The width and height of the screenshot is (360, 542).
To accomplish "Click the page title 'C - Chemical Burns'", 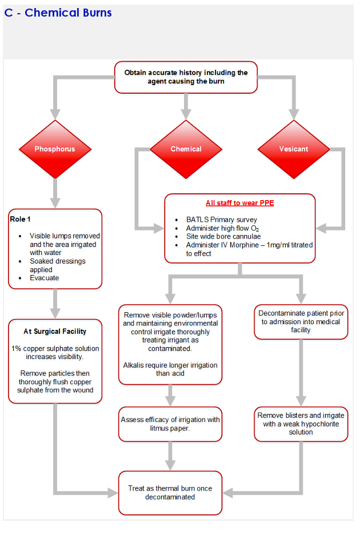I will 58,13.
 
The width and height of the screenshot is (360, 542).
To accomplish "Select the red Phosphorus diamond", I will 55,149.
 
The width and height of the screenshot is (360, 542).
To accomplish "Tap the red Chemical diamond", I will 186,149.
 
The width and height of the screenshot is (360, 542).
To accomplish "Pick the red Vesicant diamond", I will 294,149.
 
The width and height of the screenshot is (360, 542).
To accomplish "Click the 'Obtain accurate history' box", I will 186,77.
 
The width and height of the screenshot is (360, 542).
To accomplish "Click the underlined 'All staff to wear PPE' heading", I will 240,203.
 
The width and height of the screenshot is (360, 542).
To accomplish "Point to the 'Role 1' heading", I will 21,219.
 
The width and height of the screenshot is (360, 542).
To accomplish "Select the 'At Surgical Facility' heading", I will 55,331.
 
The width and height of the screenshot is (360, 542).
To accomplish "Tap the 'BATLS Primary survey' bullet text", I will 222,220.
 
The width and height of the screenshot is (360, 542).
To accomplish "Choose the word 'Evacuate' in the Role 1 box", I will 45,278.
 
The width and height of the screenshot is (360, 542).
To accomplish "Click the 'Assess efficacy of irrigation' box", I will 170,424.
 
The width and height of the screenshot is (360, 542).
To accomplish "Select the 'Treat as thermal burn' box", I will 170,493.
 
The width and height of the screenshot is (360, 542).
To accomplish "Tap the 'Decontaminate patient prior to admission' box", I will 301,322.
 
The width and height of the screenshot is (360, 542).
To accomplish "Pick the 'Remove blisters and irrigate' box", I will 301,424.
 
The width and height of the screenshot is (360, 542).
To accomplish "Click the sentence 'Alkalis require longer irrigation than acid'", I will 170,369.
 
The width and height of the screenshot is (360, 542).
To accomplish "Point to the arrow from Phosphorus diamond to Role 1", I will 55,193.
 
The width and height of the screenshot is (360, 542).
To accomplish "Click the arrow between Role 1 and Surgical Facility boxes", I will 55,304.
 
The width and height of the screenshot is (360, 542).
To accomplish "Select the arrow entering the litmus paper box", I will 170,395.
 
